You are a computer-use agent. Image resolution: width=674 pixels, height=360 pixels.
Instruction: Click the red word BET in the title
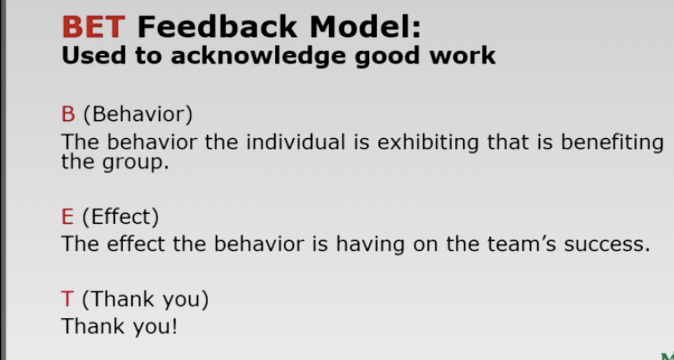[93, 27]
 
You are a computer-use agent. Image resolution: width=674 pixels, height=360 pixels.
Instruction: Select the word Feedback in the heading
[218, 27]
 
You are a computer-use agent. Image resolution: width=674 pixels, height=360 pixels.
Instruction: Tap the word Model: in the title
[365, 27]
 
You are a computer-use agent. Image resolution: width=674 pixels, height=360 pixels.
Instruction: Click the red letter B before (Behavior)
[68, 115]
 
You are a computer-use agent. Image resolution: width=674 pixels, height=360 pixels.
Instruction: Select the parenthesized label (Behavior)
[138, 115]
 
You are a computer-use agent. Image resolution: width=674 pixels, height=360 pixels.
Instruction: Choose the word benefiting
[612, 143]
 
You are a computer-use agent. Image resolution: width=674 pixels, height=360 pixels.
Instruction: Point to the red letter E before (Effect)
[68, 217]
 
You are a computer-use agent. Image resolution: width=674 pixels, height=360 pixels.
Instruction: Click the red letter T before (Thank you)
[68, 299]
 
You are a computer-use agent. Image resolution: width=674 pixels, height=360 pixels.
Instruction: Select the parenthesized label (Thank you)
[145, 299]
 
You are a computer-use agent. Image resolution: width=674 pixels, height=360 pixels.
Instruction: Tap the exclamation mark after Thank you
[174, 326]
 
